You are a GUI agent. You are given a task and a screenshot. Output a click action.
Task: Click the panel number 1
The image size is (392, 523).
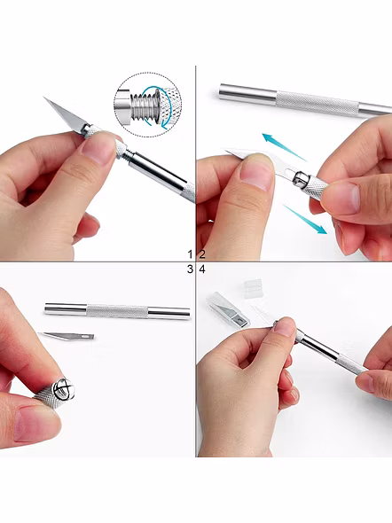[190, 254]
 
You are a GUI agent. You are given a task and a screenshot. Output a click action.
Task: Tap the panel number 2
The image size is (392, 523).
[202, 254]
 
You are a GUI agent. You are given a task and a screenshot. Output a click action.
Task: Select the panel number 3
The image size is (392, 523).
[190, 269]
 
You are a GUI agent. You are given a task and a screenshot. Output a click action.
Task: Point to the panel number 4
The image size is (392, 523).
[202, 269]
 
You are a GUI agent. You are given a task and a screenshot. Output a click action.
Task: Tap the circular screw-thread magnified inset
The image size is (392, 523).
[148, 105]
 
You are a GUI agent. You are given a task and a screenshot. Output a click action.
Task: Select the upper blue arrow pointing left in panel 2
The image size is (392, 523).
[284, 147]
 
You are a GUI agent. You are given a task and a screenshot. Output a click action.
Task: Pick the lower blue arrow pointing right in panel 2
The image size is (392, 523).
[305, 220]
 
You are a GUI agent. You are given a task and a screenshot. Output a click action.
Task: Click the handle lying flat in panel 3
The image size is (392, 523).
[117, 311]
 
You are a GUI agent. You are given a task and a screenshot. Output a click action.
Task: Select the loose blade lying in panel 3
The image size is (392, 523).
[66, 336]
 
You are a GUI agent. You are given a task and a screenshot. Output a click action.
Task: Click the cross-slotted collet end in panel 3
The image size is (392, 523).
[63, 389]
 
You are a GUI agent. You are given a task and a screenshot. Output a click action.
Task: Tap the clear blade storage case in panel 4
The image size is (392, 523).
[228, 309]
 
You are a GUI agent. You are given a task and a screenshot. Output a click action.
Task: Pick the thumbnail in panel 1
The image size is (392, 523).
[98, 147]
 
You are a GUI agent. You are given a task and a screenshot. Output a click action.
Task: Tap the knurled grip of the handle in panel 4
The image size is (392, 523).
[350, 365]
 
